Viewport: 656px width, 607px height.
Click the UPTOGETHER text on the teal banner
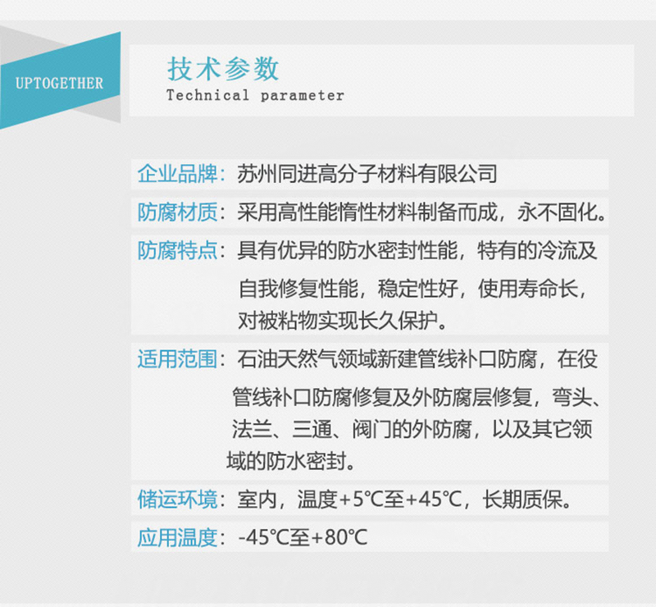click(x=59, y=84)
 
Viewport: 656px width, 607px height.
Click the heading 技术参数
click(x=223, y=68)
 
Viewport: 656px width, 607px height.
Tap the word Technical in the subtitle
click(x=207, y=95)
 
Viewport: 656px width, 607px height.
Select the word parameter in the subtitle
click(x=303, y=95)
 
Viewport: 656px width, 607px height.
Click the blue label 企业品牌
click(x=177, y=174)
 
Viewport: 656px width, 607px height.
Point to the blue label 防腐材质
click(x=177, y=212)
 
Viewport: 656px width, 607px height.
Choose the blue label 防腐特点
click(x=177, y=251)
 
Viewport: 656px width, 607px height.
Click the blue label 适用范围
click(x=177, y=359)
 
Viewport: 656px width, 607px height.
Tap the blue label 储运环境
click(x=177, y=499)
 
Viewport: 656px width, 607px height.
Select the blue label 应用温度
click(x=177, y=537)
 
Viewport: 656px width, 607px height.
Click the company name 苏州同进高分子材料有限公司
click(x=367, y=174)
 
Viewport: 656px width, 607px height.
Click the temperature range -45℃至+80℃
click(x=303, y=537)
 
